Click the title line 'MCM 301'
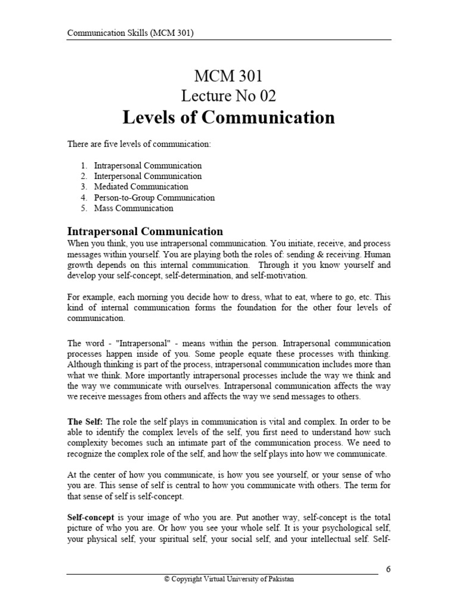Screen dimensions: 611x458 (228, 76)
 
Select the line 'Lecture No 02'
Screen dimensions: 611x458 (228, 95)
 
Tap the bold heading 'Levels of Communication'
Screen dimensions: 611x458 (228, 118)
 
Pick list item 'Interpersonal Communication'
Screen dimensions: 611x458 (148, 176)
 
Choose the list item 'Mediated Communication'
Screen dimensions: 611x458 (141, 187)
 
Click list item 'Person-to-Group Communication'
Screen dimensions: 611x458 (154, 198)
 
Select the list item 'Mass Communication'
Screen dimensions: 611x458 (134, 208)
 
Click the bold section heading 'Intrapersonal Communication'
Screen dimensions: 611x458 (145, 232)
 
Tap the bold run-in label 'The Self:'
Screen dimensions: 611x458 (85, 422)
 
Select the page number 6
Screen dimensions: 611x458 (388, 569)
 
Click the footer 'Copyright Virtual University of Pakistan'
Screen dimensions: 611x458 (229, 579)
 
